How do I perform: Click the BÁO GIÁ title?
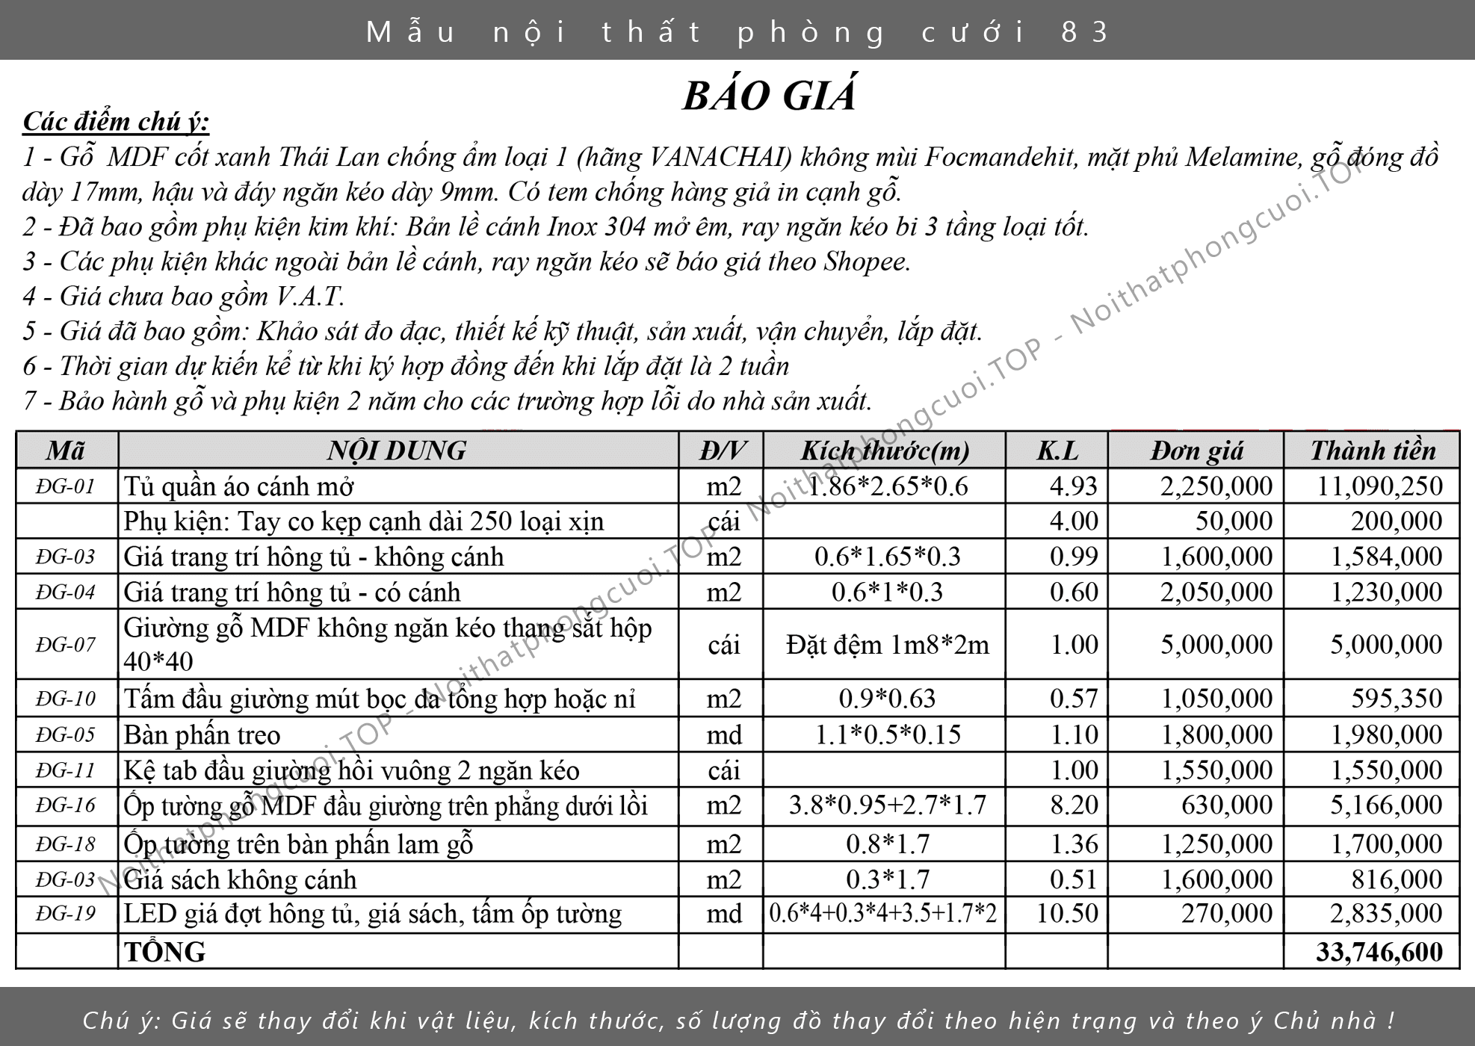(770, 96)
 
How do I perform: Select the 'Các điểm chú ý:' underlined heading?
(116, 121)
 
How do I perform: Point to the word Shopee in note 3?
(867, 261)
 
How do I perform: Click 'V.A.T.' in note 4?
(309, 297)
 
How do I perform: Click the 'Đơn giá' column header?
(1196, 451)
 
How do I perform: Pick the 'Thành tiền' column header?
(1373, 451)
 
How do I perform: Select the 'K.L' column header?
(1057, 451)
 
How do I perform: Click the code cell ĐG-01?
(66, 486)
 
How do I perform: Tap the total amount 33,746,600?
(1379, 952)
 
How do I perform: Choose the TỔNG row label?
(165, 952)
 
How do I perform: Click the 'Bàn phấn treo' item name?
(202, 735)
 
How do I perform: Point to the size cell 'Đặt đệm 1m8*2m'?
(887, 645)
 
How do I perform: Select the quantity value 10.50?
(1067, 913)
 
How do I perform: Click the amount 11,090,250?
(1379, 486)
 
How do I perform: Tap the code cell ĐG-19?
(66, 914)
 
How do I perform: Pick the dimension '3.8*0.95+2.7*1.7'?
(887, 805)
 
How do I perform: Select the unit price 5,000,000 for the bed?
(1216, 645)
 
